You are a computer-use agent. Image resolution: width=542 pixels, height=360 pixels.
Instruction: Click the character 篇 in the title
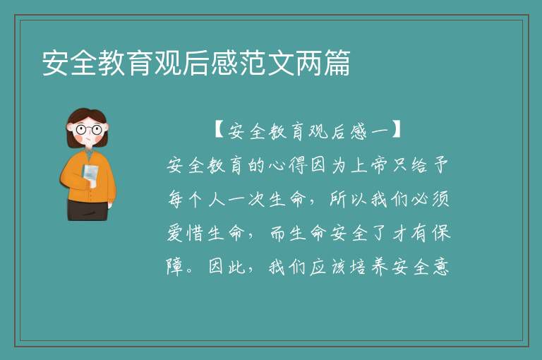[337, 63]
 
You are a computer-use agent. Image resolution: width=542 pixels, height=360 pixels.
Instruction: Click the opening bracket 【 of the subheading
[219, 130]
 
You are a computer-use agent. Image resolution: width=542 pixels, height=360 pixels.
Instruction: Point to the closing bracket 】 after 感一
[396, 130]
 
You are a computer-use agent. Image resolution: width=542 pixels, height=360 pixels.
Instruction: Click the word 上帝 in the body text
[371, 166]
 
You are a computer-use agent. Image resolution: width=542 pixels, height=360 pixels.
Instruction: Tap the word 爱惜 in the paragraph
[186, 233]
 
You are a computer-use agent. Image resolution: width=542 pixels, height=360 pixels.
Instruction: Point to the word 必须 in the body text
[430, 199]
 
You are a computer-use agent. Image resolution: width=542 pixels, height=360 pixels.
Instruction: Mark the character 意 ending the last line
[440, 268]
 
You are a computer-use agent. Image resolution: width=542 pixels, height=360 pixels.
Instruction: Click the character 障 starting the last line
[175, 268]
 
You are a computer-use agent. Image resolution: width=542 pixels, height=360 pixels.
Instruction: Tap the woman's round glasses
[88, 130]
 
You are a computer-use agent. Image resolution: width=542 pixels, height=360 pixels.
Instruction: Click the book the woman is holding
[90, 176]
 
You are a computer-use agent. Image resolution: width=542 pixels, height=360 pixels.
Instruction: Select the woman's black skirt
[88, 210]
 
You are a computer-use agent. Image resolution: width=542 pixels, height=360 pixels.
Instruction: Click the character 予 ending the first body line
[440, 166]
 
